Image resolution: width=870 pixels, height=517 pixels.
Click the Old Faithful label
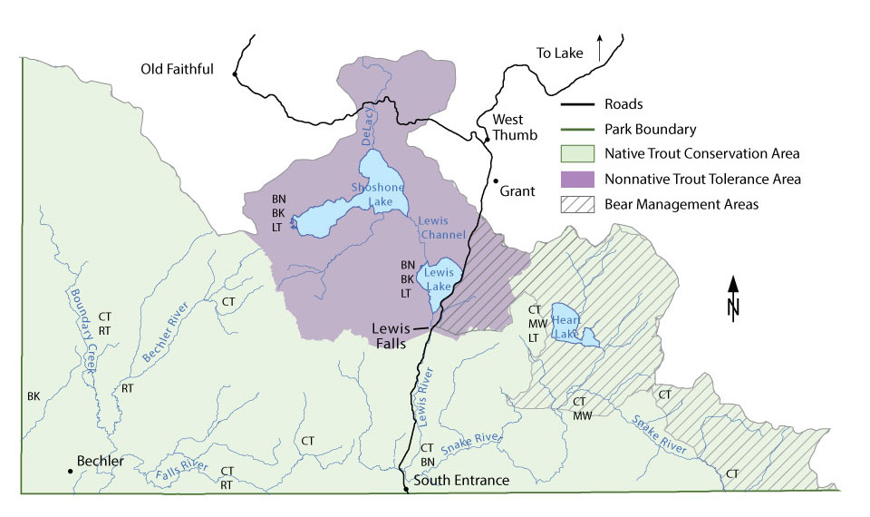point(177,69)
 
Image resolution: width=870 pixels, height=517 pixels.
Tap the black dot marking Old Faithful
point(235,74)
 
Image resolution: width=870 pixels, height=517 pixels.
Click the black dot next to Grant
point(496,181)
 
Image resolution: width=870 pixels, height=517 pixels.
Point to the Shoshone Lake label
point(377,194)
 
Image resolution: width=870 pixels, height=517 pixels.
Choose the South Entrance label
point(461,480)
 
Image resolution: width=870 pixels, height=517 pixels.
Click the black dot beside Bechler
point(70,471)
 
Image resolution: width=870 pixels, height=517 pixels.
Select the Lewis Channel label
point(441,228)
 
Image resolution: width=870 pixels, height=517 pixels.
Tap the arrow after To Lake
point(598,48)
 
